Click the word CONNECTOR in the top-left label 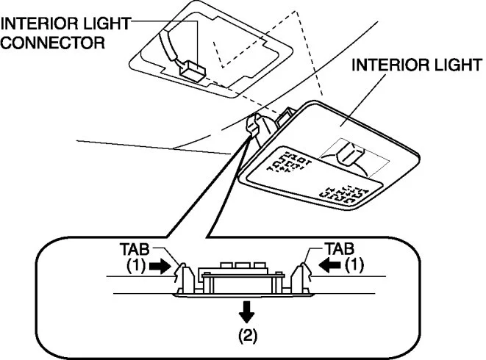[x=51, y=42]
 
